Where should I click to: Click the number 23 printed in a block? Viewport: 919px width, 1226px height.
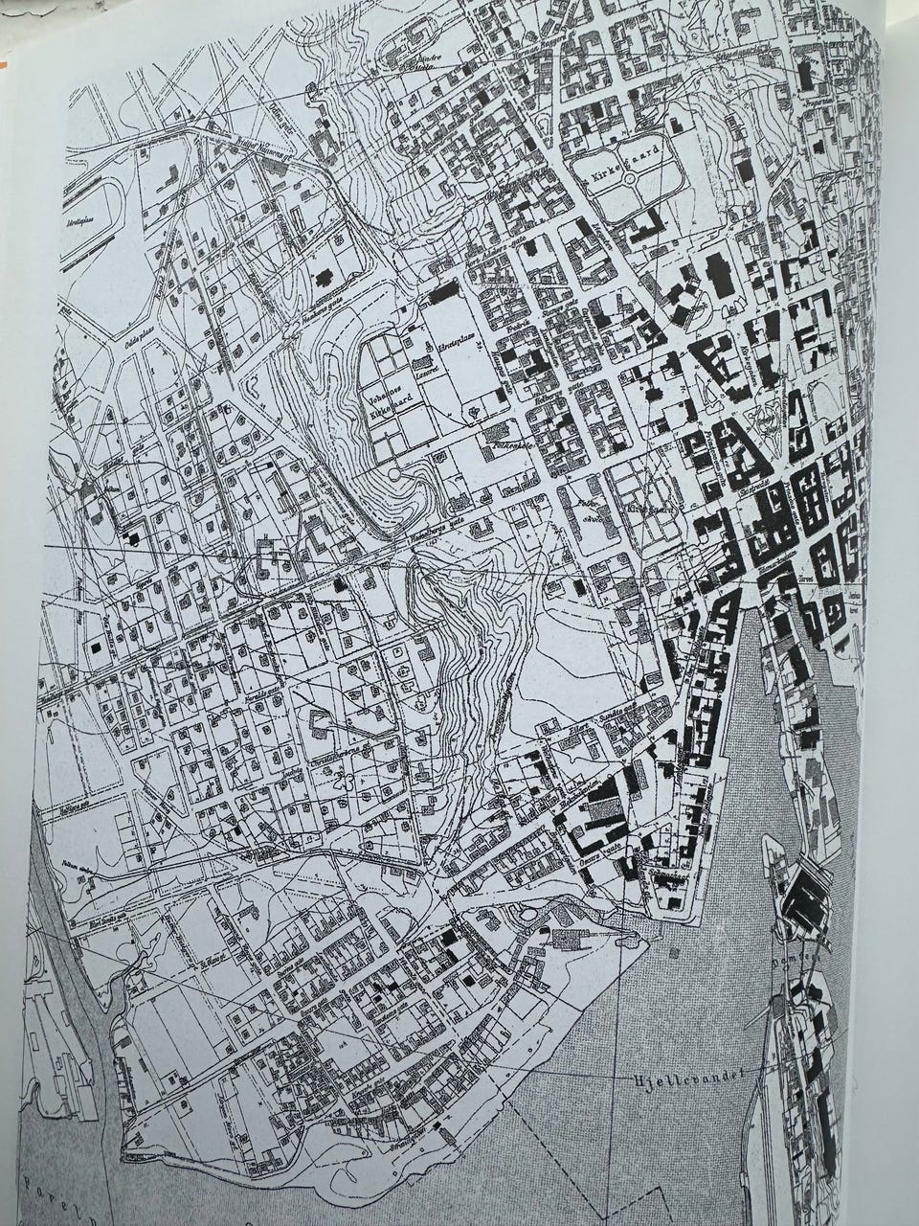344,781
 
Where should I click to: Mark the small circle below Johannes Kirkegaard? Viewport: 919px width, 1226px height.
393,475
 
